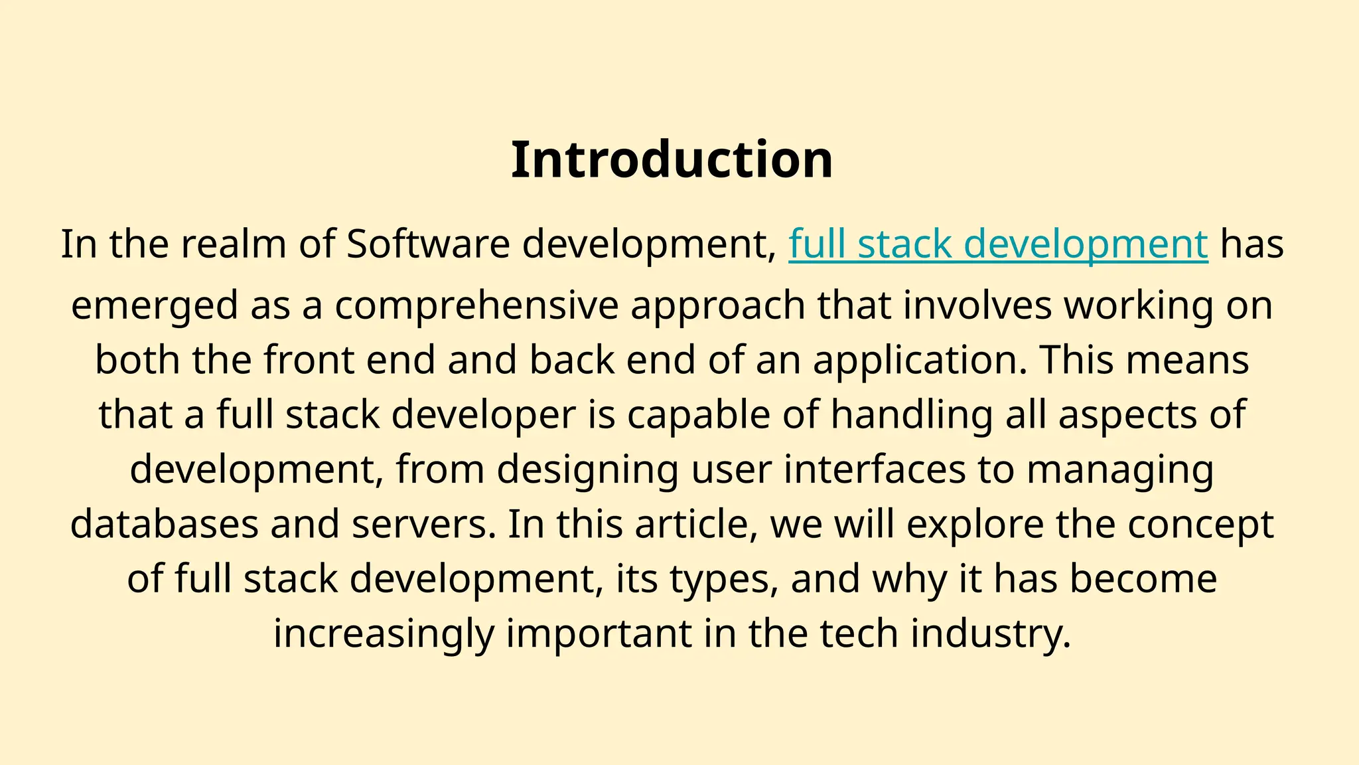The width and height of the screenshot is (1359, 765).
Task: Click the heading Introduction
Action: (x=672, y=160)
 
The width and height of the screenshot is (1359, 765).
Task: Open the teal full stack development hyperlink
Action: (x=998, y=244)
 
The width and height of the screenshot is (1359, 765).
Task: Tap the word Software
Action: (x=428, y=244)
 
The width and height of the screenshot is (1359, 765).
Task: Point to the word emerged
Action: (x=154, y=305)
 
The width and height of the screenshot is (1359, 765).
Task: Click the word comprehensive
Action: (x=476, y=305)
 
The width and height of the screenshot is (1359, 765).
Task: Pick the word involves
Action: (x=977, y=305)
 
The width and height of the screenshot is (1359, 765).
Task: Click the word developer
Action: (x=483, y=414)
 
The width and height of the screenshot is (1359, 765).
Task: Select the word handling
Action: (x=912, y=414)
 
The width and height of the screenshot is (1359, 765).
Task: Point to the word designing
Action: (x=587, y=469)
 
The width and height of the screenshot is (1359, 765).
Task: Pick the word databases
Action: (x=164, y=524)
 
